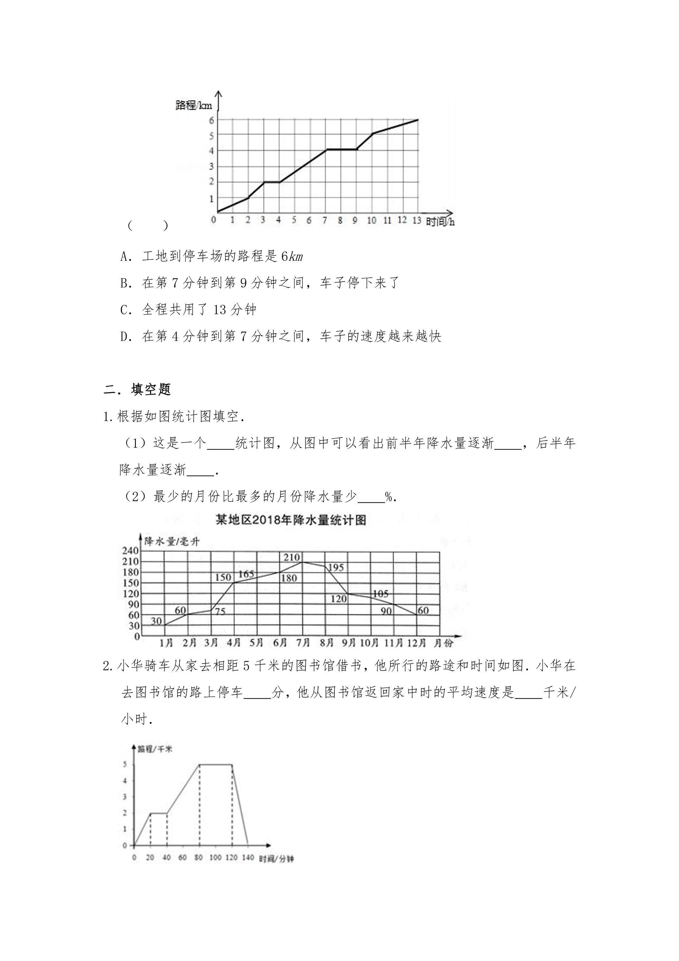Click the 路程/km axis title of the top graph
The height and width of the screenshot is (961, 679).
pos(194,105)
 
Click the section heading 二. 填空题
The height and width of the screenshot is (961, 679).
pos(137,390)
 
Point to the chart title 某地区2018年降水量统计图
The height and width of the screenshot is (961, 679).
pos(291,520)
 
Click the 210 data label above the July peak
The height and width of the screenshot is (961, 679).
pos(292,557)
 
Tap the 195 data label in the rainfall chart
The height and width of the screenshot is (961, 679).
pos(336,568)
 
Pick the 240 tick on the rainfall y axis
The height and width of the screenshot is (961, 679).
pos(130,551)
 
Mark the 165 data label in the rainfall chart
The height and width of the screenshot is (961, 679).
pos(246,574)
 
